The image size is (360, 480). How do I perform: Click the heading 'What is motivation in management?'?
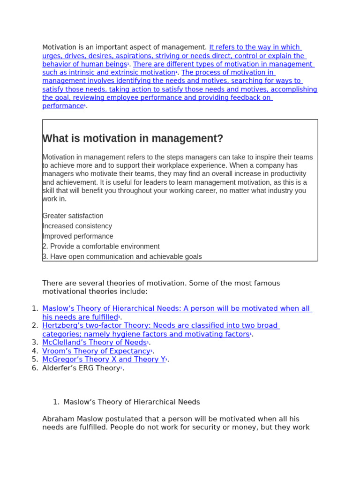133,139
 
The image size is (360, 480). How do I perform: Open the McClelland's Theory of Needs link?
94,343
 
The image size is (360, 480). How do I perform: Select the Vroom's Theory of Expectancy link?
96,351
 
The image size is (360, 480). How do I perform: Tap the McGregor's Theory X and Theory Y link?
104,360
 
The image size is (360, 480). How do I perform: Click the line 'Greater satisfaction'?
73,216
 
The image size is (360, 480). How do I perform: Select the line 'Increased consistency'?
77,226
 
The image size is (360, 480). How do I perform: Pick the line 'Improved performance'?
78,236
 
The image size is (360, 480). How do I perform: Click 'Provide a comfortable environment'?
105,247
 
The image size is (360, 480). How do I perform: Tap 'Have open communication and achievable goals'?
126,256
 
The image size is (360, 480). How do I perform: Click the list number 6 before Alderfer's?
35,368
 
